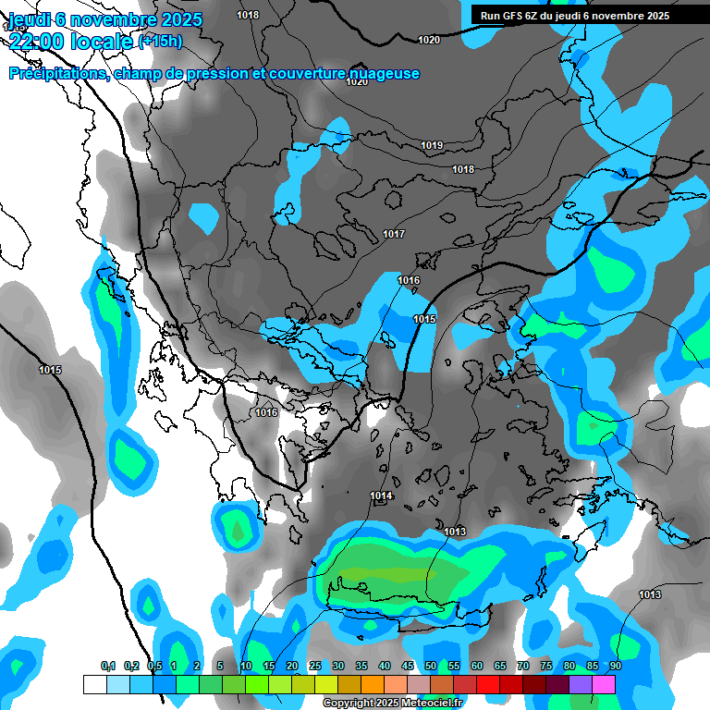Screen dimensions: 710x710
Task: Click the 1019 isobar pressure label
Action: pos(432,145)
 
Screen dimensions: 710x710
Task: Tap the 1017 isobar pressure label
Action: pos(394,234)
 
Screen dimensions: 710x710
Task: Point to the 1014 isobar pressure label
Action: pos(382,496)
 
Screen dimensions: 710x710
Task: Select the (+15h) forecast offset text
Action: pos(160,41)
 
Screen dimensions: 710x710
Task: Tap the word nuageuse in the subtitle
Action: pos(383,73)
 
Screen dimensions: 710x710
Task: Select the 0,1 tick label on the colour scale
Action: pos(107,666)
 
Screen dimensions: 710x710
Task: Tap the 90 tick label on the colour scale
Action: pos(615,666)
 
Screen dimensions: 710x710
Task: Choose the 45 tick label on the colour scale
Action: pos(408,666)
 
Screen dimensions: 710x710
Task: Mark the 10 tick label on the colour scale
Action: pos(245,666)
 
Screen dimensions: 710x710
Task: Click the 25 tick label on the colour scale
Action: pos(315,666)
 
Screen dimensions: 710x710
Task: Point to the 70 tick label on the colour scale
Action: pos(523,666)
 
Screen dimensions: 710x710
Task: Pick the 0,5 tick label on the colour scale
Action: pos(153,666)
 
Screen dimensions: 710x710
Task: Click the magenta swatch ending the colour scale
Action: pos(604,684)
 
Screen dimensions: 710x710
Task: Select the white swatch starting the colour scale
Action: pos(94,684)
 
